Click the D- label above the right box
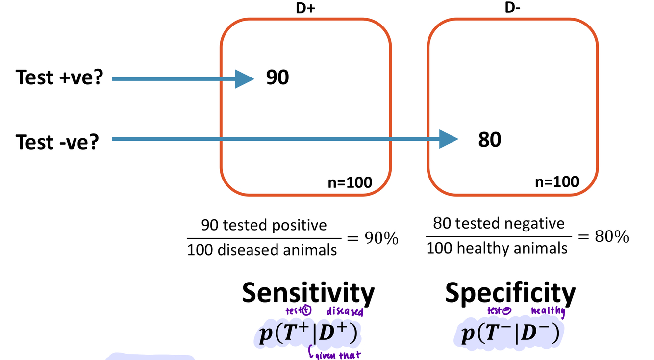(x=512, y=8)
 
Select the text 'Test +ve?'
(x=59, y=77)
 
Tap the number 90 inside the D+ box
(x=277, y=77)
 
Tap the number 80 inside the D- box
(x=490, y=140)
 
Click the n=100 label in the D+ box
(x=350, y=183)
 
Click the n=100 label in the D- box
(x=557, y=182)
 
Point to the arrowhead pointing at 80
(x=449, y=139)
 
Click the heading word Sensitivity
(x=308, y=293)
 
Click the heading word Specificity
(x=510, y=293)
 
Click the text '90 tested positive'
(x=264, y=225)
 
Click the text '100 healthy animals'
(x=497, y=248)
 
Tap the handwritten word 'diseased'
(x=345, y=312)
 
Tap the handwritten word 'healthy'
(x=548, y=311)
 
